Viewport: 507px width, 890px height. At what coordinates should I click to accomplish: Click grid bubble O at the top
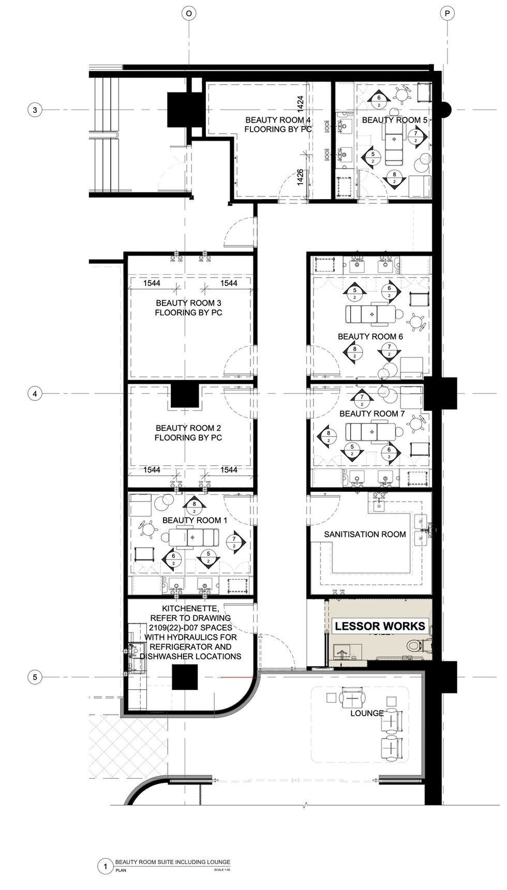pos(189,13)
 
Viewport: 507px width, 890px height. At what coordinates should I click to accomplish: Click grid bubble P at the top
pos(447,13)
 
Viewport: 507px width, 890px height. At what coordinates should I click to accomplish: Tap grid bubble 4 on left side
pos(35,394)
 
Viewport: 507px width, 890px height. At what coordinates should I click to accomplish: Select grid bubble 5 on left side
pos(35,677)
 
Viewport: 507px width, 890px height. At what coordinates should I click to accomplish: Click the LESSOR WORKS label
pos(380,626)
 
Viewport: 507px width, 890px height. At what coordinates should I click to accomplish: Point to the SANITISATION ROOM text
pos(365,534)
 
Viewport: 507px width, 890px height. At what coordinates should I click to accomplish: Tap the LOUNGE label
pos(367,713)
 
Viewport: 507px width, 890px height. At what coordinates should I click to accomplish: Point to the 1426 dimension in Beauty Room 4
pos(301,177)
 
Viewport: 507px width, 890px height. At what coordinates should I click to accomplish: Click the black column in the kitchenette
pos(185,677)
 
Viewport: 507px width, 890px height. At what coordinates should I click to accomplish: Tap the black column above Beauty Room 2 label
pos(185,396)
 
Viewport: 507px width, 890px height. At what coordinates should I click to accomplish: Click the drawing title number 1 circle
pos(105,866)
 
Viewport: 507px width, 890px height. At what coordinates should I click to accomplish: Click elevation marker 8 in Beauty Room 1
pos(194,506)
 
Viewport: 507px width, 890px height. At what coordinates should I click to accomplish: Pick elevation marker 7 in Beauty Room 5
pos(415,136)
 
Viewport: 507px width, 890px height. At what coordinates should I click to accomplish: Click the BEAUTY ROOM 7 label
pos(372,414)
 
